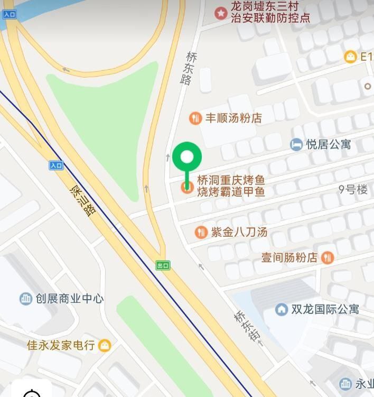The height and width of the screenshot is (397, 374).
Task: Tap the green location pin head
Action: click(187, 156)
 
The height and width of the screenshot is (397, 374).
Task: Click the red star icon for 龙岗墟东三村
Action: click(220, 12)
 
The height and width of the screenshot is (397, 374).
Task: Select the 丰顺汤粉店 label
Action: click(233, 118)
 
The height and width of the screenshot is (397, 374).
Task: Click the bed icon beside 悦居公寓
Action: click(296, 144)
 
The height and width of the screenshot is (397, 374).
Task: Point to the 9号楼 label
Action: click(353, 189)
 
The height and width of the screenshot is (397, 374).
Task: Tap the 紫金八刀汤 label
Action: click(239, 232)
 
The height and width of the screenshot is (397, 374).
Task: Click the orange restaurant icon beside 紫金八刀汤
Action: click(201, 232)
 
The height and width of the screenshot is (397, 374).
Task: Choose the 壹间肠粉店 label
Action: click(289, 257)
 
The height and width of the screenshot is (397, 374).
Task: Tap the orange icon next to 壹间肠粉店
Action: click(328, 257)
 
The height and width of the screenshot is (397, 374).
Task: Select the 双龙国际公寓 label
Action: click(325, 309)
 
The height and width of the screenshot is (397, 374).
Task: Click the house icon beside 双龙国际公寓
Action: click(282, 309)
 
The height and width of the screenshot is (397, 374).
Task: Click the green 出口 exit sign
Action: click(163, 265)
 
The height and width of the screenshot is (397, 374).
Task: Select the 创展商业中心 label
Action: click(69, 299)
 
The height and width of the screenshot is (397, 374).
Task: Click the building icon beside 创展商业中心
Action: click(26, 299)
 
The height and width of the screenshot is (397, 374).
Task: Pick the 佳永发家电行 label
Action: click(61, 345)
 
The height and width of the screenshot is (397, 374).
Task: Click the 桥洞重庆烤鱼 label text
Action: click(231, 180)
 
